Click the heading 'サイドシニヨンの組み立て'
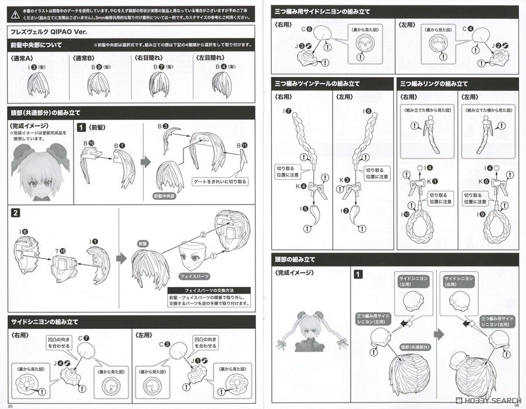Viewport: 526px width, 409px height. click(x=45, y=322)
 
